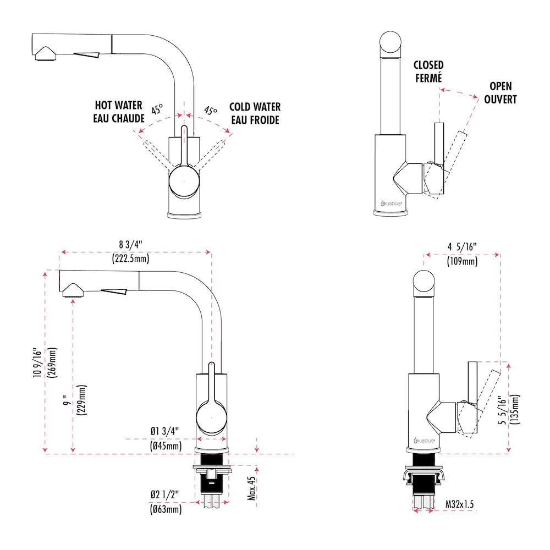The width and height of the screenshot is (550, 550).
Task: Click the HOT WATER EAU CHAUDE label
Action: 119,112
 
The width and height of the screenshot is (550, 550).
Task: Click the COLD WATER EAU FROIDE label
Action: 255,113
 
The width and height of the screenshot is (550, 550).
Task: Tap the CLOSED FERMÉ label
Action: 428,71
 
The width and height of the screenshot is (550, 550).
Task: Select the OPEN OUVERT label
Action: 500,93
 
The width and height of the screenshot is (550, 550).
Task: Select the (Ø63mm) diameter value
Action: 166,509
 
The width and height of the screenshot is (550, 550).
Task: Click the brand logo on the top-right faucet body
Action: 391,203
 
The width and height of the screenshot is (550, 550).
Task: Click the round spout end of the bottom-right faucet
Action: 426,283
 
